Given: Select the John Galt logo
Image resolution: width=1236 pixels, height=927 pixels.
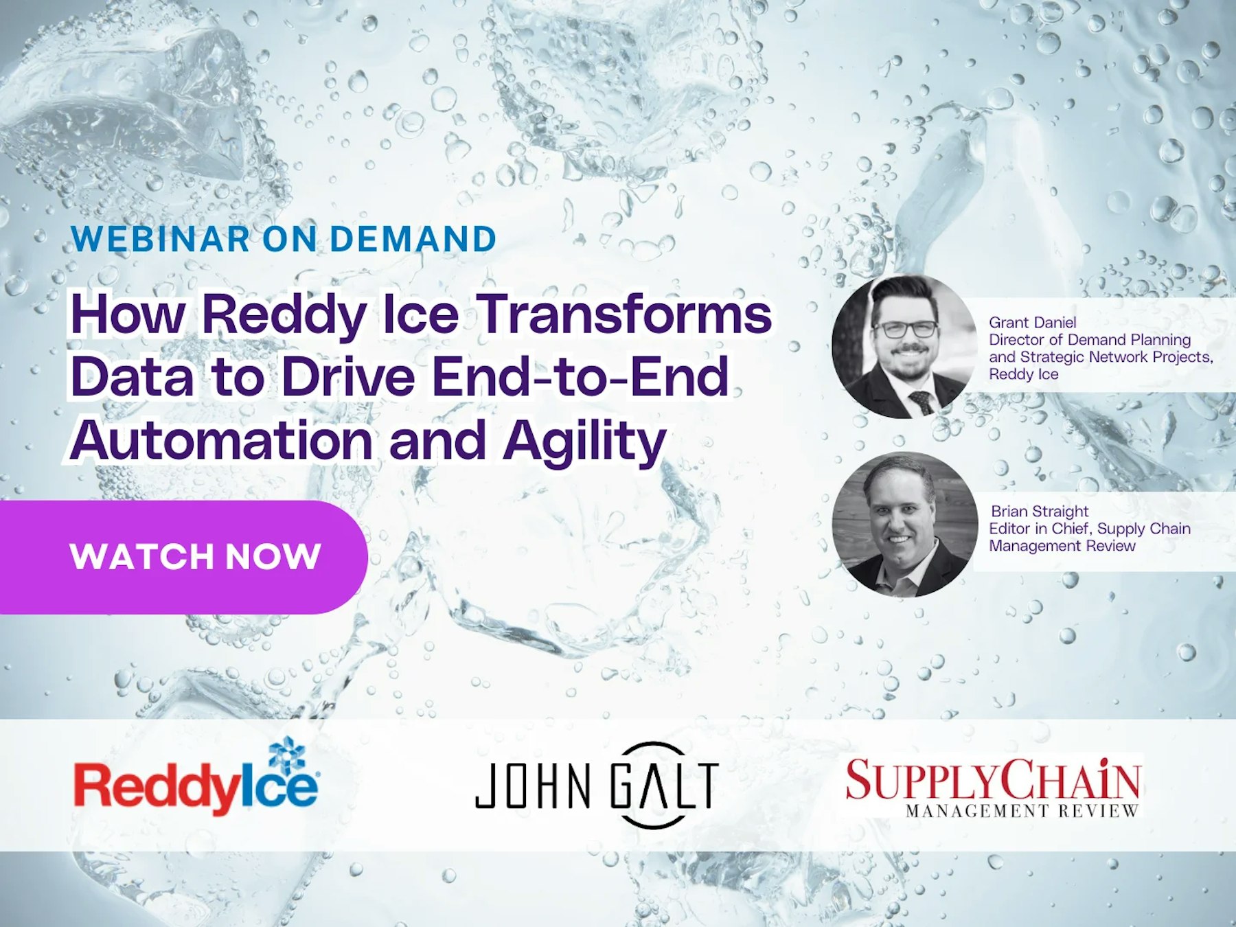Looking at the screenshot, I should click(596, 785).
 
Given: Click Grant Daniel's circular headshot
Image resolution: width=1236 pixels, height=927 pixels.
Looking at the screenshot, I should click(904, 347).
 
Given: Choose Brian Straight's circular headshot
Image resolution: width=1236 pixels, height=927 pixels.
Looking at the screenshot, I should click(904, 524).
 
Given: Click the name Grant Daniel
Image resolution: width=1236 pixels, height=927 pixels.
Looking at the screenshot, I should click(1032, 322).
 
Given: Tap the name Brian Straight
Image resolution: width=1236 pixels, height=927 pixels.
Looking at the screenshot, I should click(1039, 511).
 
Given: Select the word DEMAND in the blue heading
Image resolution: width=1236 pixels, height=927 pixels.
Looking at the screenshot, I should click(413, 240).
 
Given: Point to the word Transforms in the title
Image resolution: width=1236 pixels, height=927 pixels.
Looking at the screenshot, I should click(623, 314).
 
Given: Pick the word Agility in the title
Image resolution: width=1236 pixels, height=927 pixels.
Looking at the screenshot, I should click(584, 442).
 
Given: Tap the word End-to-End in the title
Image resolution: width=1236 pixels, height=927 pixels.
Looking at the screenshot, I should click(580, 377).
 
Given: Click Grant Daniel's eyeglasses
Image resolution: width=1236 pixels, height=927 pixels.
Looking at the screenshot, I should click(905, 329).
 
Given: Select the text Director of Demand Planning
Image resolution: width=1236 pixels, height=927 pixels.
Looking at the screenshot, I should click(1090, 339).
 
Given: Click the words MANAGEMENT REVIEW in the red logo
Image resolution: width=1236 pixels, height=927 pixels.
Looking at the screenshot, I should click(1022, 811).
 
